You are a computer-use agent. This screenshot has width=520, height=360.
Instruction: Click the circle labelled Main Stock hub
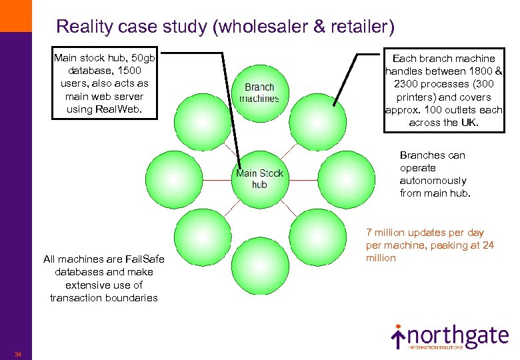pos(259,179)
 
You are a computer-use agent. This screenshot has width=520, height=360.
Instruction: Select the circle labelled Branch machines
pos(259,93)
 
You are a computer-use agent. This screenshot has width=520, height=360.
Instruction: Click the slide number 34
pos(17,354)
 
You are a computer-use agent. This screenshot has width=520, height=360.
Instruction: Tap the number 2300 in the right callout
pos(408,84)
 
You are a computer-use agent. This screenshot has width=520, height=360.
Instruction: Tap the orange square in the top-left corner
pos(15,15)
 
